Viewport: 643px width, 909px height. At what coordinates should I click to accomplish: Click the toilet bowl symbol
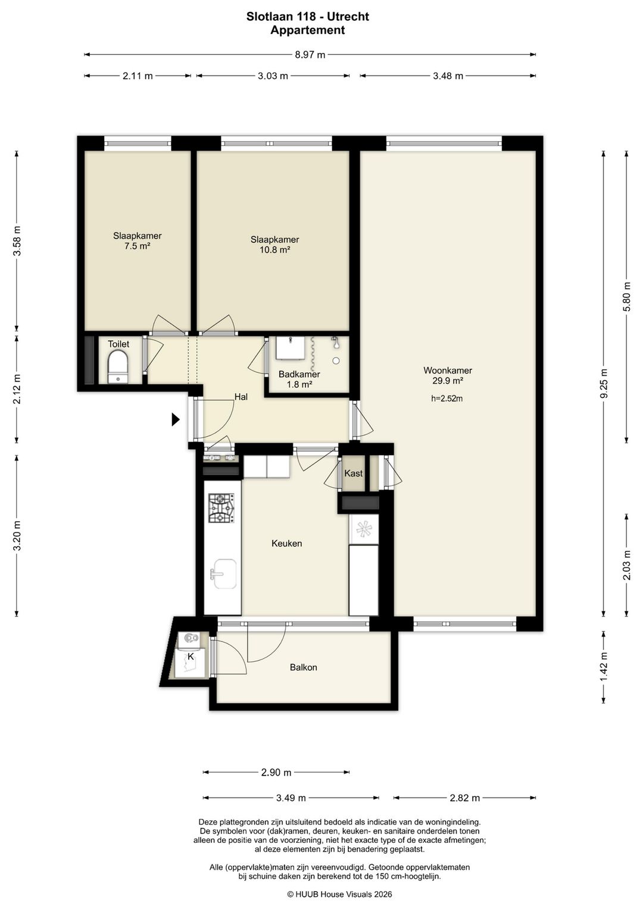point(118,367)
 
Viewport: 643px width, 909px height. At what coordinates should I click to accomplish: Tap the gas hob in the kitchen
point(221,508)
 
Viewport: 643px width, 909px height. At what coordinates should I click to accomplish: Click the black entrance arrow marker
point(175,419)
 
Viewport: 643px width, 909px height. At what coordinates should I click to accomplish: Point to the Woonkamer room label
point(448,370)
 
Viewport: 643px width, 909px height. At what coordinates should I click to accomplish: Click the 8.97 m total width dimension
point(310,55)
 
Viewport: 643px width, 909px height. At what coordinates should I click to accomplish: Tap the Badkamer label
point(299,374)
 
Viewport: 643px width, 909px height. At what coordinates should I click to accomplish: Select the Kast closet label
point(353,473)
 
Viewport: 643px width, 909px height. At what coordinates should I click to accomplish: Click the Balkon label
point(304,667)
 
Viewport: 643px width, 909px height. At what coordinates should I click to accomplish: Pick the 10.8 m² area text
point(274,250)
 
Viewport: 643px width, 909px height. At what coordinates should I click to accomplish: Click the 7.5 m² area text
point(138,245)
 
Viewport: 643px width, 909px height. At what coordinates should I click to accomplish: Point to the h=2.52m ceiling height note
point(447,399)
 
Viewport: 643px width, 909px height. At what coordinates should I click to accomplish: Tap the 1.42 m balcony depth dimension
point(604,667)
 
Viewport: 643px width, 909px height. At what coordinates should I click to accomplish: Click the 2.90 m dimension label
point(276,772)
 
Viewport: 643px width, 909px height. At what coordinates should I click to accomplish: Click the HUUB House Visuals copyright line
point(339,894)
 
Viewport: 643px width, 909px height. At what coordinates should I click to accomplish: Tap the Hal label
point(241,397)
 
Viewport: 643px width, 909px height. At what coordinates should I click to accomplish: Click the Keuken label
point(287,543)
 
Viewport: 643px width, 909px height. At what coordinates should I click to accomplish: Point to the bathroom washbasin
point(290,348)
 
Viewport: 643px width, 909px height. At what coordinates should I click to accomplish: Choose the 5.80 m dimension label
point(627,296)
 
